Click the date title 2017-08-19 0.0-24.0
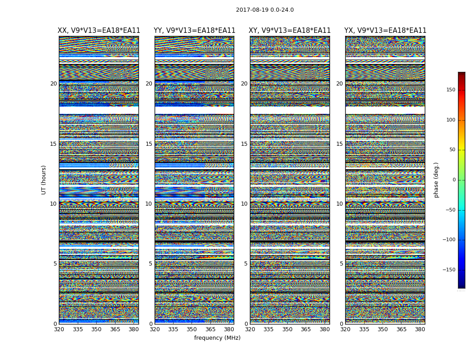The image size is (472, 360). pos(265,10)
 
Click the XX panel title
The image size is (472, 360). pos(99,31)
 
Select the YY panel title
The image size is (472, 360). pos(194,31)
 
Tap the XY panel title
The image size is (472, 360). pos(290,31)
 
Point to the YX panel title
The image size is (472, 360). pos(385,31)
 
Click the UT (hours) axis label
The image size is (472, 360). pos(44,180)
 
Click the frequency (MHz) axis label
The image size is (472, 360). pos(217,338)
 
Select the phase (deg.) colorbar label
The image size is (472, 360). pos(436,180)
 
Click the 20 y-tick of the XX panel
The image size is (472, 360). pos(53,84)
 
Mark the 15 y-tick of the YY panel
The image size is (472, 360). pos(149,144)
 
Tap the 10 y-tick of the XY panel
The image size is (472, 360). pos(244,204)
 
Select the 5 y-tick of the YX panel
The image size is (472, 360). pos(341,264)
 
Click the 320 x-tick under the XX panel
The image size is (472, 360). pos(59,329)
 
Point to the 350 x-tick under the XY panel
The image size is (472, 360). pos(287,329)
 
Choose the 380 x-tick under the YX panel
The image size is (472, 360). pos(420,329)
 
